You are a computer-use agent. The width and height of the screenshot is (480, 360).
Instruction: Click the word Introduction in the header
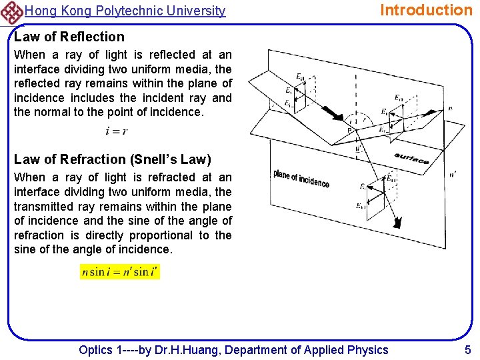click(425, 10)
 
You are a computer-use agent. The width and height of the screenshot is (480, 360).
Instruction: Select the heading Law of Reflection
click(69, 37)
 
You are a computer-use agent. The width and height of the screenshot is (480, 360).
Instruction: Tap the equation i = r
click(117, 131)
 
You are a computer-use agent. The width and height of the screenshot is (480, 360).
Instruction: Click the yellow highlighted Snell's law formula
click(120, 272)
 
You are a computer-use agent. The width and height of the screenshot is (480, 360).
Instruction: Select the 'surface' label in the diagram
click(411, 157)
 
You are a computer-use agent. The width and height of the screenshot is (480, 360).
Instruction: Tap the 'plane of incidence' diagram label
click(301, 178)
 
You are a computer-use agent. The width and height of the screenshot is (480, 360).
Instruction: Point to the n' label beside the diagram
click(453, 175)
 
